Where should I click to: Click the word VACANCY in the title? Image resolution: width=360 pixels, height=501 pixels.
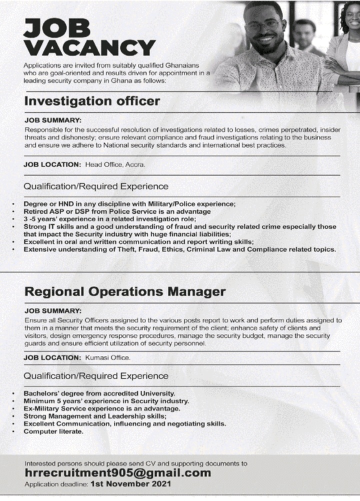(89, 48)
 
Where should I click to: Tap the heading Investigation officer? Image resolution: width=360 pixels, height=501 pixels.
(92, 101)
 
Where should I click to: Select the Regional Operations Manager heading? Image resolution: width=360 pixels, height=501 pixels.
(125, 291)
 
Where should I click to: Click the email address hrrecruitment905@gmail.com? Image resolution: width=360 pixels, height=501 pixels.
(117, 472)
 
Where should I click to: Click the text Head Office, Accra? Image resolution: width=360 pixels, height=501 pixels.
(115, 164)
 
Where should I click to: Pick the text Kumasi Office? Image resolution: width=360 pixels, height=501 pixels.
(108, 358)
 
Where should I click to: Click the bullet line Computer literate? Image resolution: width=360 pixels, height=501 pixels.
(53, 430)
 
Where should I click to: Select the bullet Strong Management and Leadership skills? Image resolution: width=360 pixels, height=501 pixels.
(95, 416)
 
